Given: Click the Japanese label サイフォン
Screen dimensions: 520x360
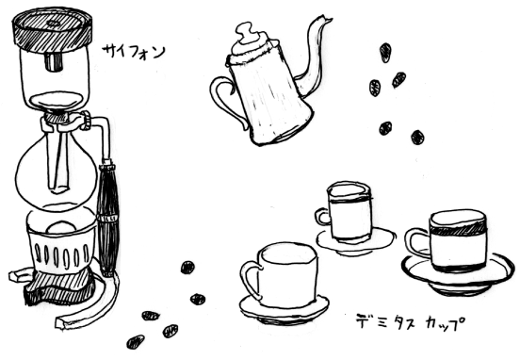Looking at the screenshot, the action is [x=134, y=51].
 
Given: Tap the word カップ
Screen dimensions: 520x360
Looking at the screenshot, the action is [x=444, y=322].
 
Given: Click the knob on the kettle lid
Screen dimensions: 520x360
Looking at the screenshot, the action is [x=246, y=32].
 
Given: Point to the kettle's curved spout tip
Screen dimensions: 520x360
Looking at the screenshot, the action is [x=329, y=19].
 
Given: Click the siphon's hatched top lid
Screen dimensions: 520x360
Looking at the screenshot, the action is [x=52, y=30].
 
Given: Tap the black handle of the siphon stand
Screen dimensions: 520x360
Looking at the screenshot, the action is [x=107, y=219].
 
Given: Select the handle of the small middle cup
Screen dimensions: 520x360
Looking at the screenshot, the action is [x=322, y=217].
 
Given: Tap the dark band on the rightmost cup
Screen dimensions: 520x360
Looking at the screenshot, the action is [x=458, y=229].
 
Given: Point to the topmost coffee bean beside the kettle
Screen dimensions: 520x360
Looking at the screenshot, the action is [x=384, y=53].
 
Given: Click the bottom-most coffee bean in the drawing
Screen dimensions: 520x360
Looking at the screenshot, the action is [x=136, y=342].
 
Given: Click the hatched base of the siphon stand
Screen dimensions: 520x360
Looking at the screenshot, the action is [x=59, y=287].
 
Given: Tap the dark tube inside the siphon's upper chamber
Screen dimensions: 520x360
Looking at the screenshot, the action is [x=53, y=61].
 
